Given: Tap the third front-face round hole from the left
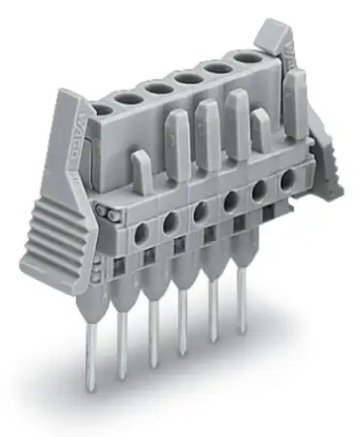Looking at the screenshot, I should [x=200, y=212].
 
